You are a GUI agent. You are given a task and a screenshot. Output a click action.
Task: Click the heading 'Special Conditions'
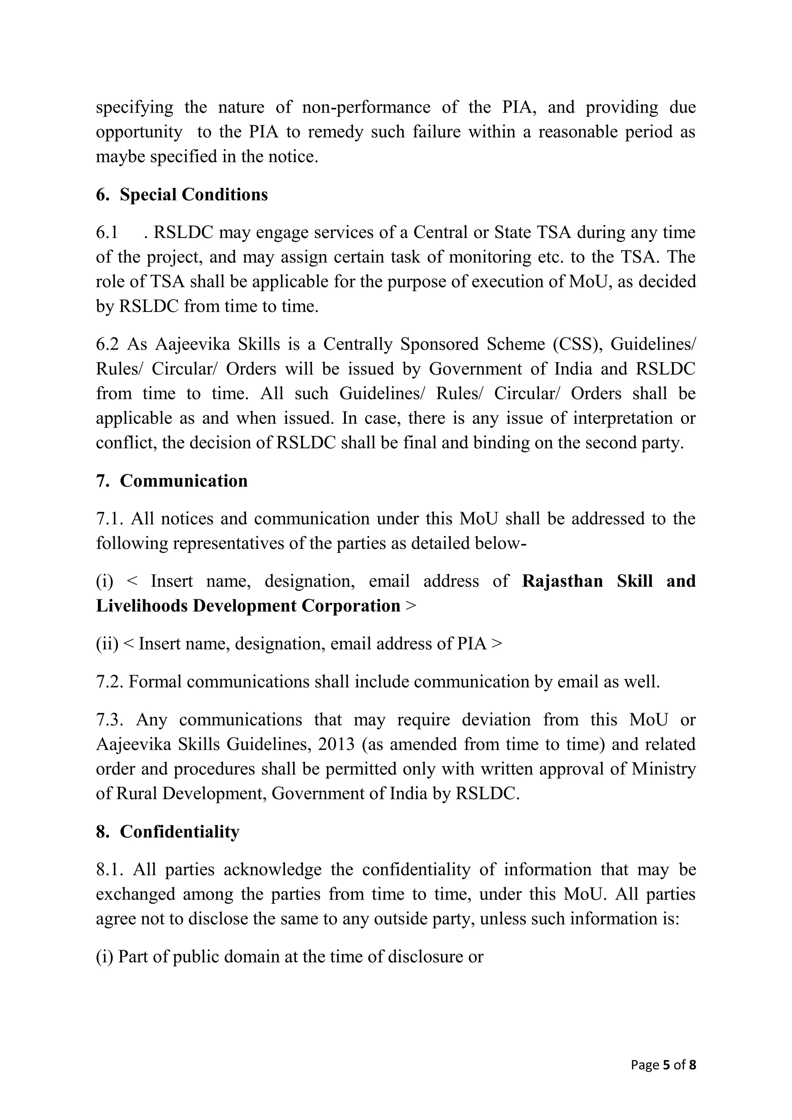194,195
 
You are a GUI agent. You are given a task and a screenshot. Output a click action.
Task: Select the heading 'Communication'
183,481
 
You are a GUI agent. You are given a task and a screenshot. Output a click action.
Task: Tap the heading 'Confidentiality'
179,832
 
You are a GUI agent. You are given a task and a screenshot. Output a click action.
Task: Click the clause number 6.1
107,233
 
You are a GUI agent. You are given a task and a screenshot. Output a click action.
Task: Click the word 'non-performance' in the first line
366,107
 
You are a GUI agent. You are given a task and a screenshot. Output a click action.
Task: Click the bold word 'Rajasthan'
562,581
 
